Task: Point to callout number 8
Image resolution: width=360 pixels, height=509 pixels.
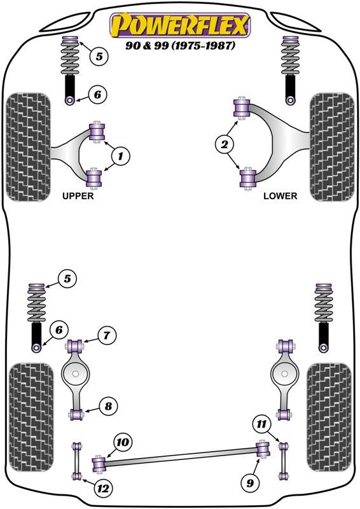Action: [x=107, y=405]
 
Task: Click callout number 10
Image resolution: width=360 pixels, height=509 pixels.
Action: [x=122, y=442]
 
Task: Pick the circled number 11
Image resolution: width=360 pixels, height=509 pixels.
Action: [x=261, y=422]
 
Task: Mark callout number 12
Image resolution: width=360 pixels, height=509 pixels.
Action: [x=101, y=488]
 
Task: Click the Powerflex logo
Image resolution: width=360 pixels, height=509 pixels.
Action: [x=180, y=25]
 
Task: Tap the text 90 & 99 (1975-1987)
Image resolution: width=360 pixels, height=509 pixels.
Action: [x=180, y=46]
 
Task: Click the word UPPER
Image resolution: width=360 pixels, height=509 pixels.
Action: [x=78, y=197]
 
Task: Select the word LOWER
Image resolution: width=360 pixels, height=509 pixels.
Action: [x=280, y=197]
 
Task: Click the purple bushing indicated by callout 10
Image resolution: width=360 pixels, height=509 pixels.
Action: [x=99, y=464]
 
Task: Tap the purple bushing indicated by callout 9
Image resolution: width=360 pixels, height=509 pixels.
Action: [x=262, y=449]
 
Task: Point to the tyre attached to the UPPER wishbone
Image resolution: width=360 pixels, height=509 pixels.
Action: [x=28, y=147]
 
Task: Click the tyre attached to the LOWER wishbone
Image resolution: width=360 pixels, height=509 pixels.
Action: [x=331, y=147]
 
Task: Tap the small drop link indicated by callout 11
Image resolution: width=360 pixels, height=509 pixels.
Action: [x=283, y=458]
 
